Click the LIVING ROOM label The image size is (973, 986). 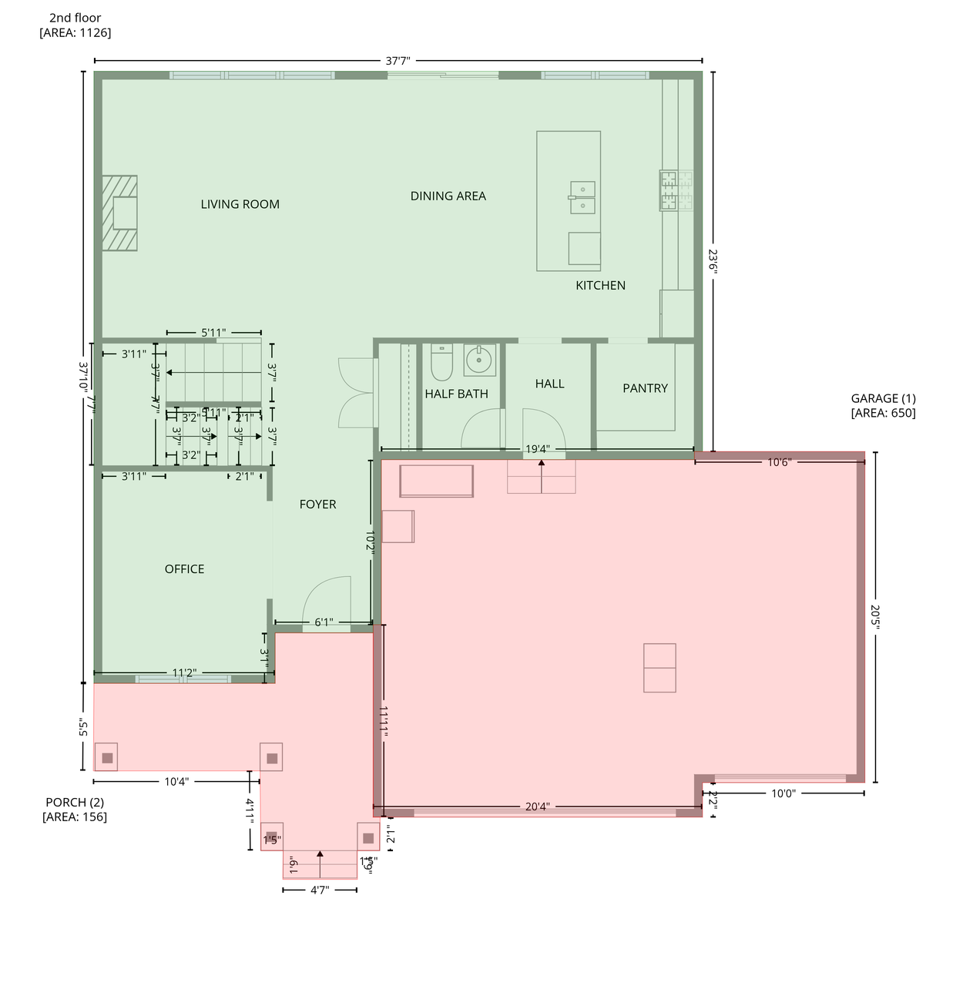click(240, 204)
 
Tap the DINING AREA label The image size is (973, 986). click(448, 196)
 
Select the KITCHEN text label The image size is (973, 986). click(600, 285)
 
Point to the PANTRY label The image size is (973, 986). click(645, 388)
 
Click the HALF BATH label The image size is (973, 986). click(456, 394)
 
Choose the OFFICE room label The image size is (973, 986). click(184, 569)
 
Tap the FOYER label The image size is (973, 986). click(317, 505)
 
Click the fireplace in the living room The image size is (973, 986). click(120, 213)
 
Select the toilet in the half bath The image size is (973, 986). click(441, 363)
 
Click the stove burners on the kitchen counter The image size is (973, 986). click(676, 190)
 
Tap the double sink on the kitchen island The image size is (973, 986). click(582, 197)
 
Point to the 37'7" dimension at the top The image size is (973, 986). click(398, 61)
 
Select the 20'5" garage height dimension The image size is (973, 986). click(875, 616)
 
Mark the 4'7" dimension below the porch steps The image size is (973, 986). click(320, 890)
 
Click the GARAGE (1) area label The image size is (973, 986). click(883, 405)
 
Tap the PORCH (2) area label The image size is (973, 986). click(75, 810)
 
